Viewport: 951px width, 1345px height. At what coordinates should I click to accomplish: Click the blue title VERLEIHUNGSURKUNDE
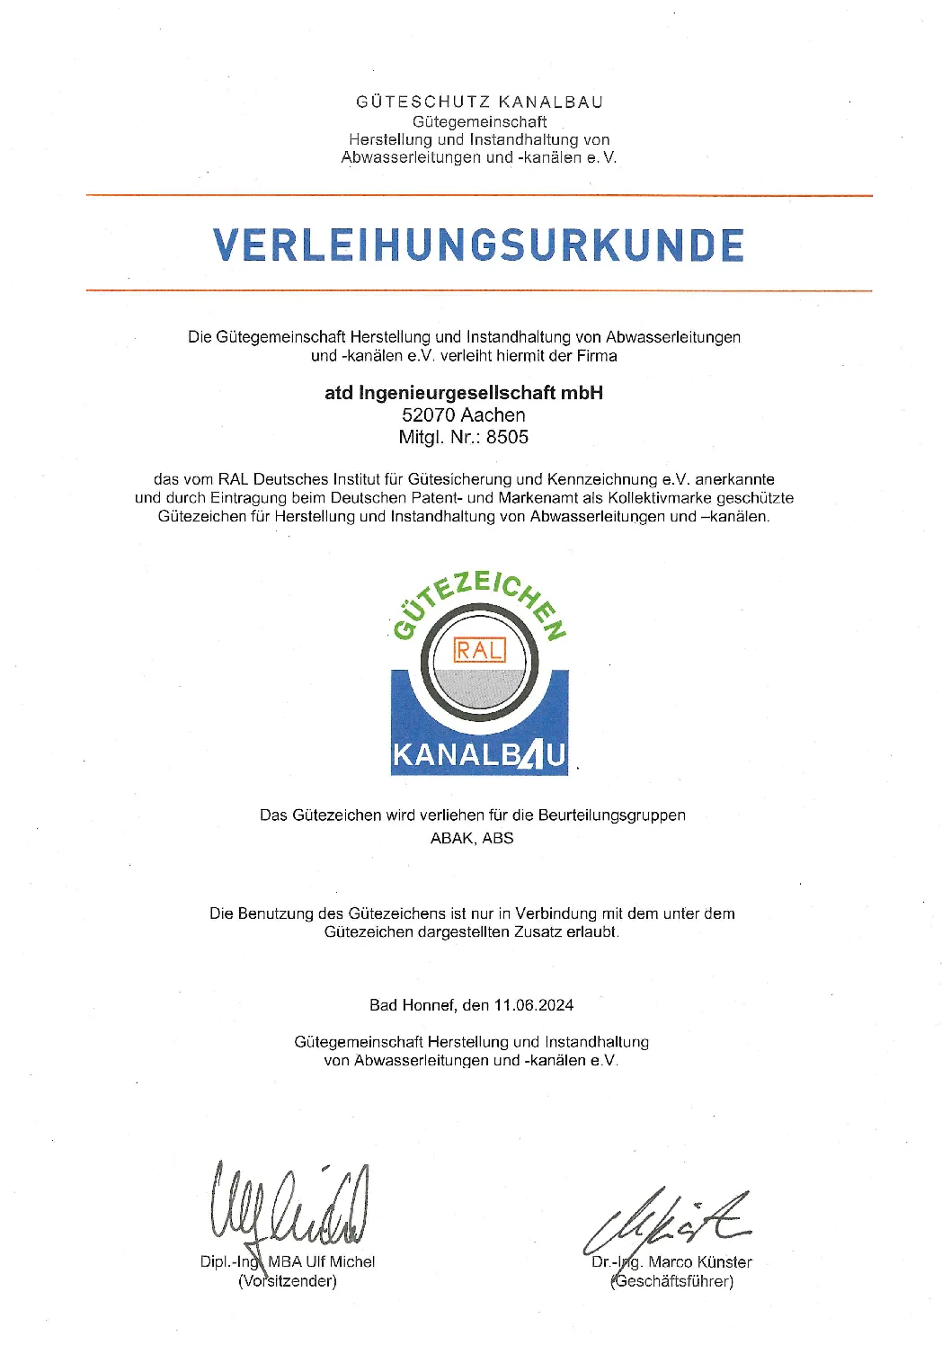[478, 245]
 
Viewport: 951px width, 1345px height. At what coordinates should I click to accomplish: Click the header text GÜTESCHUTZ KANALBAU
[479, 102]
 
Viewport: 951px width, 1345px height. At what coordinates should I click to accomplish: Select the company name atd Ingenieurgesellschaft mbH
[464, 393]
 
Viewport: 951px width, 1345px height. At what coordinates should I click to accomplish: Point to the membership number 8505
[508, 438]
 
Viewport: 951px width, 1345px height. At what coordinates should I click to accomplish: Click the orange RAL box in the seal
[480, 650]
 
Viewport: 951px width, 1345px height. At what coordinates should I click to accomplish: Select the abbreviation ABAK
[451, 838]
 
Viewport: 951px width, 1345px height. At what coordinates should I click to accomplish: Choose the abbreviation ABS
[498, 838]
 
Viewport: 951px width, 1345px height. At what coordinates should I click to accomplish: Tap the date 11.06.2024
[533, 1005]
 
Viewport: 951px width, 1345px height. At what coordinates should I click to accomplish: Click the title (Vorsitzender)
[288, 1281]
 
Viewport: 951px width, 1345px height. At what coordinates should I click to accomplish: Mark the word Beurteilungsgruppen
[612, 815]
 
